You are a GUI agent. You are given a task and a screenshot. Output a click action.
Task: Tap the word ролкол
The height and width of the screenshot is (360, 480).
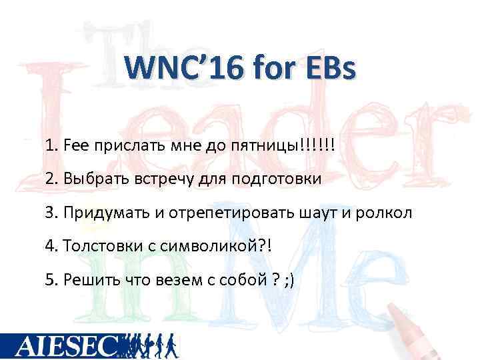(x=387, y=213)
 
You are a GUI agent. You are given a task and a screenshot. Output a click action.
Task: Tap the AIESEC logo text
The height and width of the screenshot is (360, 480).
(x=67, y=345)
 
